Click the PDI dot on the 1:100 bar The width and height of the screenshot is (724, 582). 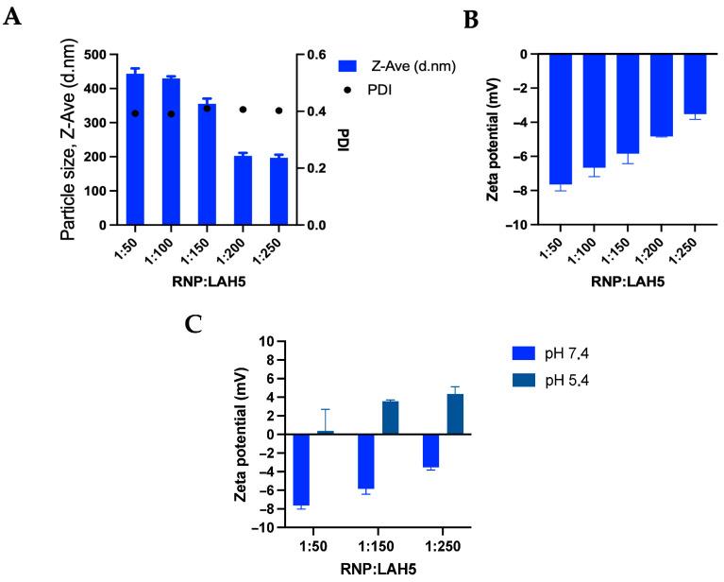pyautogui.click(x=171, y=113)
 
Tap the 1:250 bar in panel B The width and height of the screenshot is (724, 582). pyautogui.click(x=695, y=84)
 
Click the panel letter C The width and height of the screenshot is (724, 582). pyautogui.click(x=194, y=324)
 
